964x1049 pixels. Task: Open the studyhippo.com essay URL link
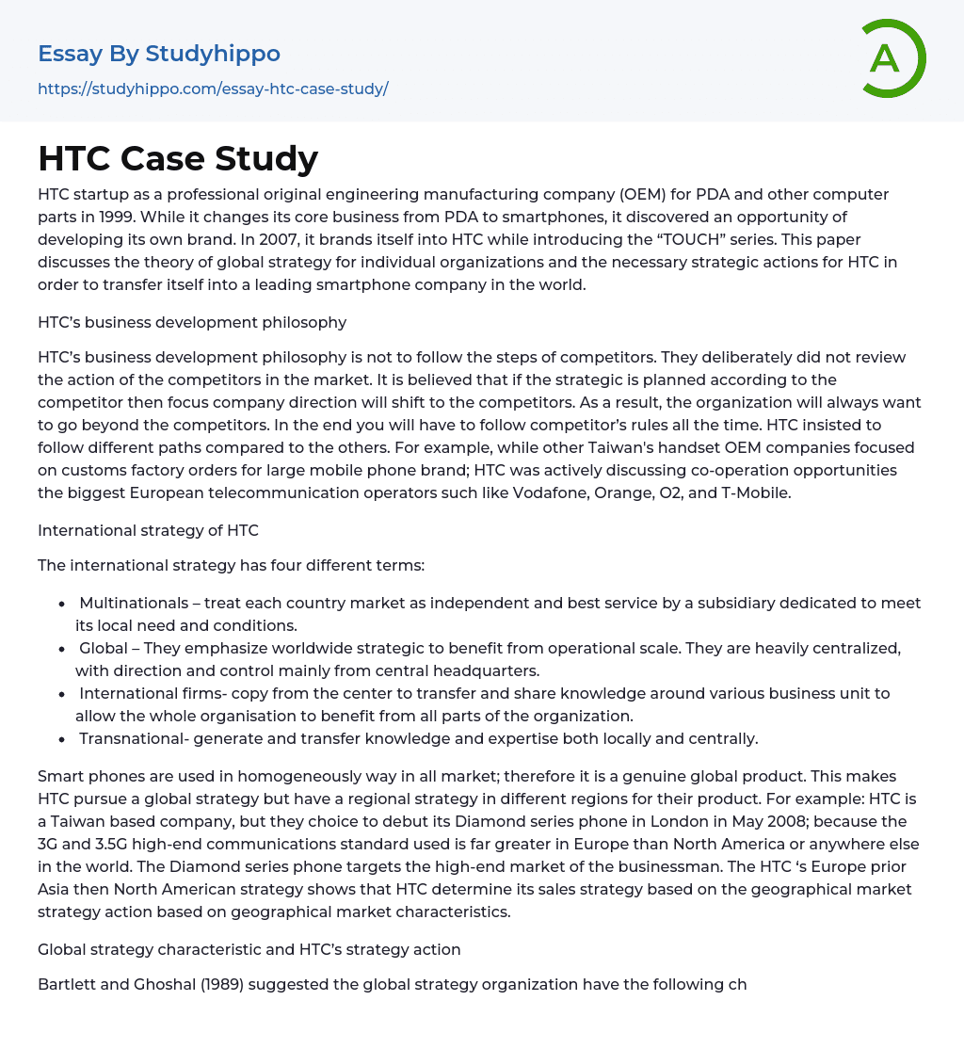(213, 89)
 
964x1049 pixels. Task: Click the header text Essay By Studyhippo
(159, 54)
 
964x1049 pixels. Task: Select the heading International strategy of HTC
(148, 530)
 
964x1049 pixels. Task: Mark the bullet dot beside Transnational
(61, 739)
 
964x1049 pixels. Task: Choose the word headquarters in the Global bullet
(484, 670)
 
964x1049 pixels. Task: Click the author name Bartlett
(68, 985)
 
